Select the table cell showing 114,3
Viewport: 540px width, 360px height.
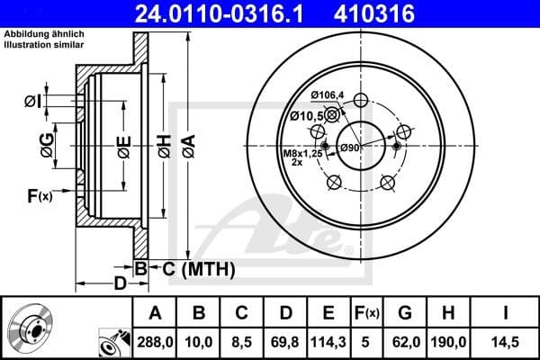[328, 342]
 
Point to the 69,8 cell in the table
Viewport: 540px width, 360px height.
[284, 342]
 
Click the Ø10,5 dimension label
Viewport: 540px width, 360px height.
[307, 115]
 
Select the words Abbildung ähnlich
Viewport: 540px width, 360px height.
[44, 35]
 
